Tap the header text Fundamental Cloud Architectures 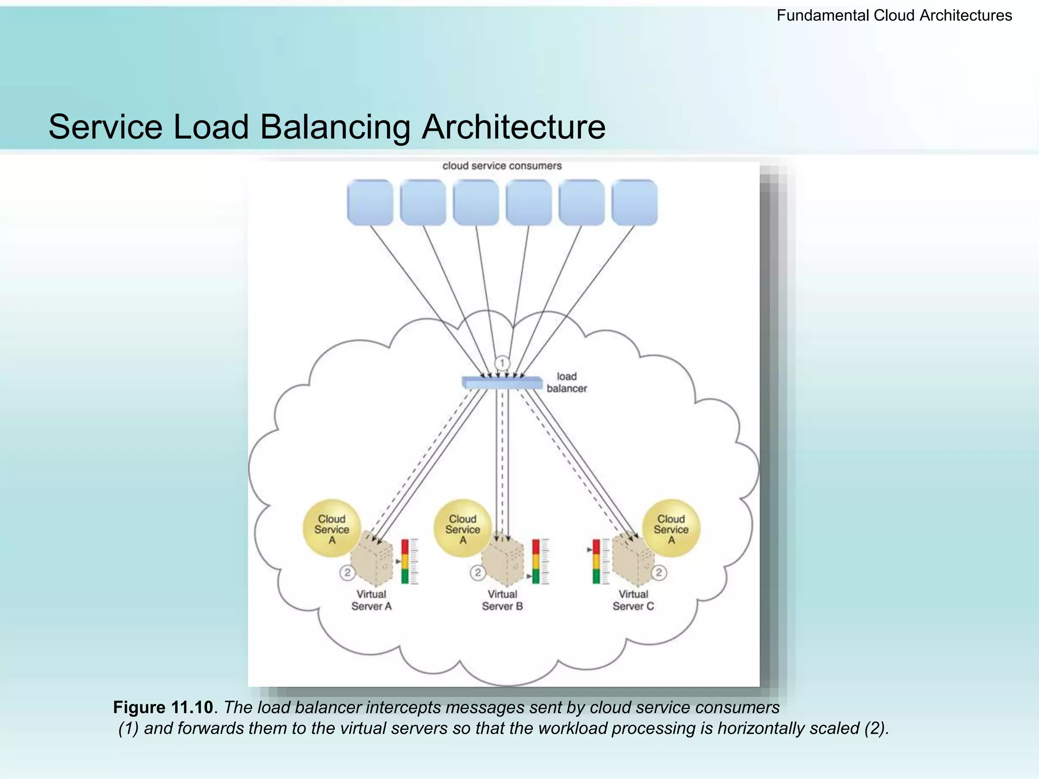(x=894, y=16)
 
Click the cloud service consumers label (x=502, y=166)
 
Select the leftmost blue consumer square (x=370, y=202)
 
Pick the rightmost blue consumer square (x=634, y=202)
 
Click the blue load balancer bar (x=502, y=383)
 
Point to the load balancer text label (x=567, y=382)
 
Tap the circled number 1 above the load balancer (x=502, y=363)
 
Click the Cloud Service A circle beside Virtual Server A (x=331, y=529)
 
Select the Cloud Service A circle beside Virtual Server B (x=462, y=529)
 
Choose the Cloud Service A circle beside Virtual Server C (x=671, y=529)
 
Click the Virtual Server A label (x=371, y=600)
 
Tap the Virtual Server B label (x=502, y=600)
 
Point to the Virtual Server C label (x=633, y=600)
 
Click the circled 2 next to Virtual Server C (x=659, y=573)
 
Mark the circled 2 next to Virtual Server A (x=347, y=573)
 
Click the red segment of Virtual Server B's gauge (x=536, y=547)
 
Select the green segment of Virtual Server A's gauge (x=405, y=577)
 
